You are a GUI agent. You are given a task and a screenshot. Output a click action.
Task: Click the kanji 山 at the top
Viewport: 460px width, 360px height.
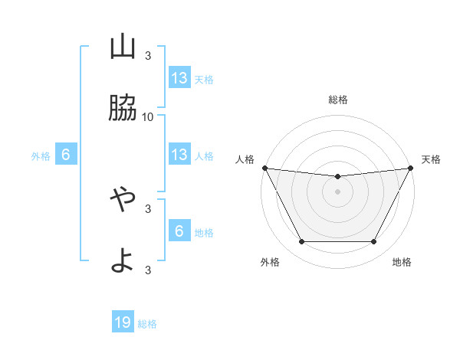[x=123, y=47]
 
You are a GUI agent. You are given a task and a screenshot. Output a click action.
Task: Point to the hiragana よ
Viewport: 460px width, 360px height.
[x=123, y=259]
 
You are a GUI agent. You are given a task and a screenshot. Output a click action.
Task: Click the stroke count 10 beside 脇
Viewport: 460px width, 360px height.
[x=148, y=116]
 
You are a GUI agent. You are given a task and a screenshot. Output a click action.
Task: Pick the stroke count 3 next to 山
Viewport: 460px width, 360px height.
[x=148, y=56]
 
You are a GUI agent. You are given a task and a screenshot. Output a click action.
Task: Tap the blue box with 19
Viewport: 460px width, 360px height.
[x=123, y=323]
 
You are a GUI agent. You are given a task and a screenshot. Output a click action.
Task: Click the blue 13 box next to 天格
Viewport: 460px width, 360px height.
[x=179, y=78]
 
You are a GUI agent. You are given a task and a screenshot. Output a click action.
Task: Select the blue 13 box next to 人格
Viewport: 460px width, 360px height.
[x=179, y=155]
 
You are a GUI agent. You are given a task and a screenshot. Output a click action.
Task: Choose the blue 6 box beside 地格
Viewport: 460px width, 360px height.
[x=179, y=231]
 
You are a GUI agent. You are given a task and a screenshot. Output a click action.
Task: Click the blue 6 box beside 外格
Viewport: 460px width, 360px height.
[x=66, y=155]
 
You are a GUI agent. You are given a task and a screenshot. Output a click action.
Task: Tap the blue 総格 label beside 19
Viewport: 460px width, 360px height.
[x=147, y=324]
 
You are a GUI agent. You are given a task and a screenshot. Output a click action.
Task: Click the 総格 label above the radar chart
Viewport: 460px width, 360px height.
[x=337, y=100]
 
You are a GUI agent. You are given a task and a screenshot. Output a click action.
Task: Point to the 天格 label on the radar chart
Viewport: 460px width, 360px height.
[x=432, y=159]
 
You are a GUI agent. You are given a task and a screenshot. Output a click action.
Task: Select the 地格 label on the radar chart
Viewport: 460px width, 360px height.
[x=402, y=262]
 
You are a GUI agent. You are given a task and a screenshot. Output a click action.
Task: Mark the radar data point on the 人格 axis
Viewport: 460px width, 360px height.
[x=264, y=168]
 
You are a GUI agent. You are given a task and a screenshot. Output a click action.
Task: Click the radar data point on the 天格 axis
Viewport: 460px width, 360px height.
[x=411, y=168]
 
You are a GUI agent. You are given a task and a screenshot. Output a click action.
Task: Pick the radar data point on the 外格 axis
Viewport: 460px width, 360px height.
[x=301, y=242]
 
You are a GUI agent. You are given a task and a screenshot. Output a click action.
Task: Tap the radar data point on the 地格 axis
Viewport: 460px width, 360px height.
[x=374, y=242]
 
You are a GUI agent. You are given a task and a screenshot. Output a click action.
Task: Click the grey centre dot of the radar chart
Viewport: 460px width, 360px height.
[x=337, y=191]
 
